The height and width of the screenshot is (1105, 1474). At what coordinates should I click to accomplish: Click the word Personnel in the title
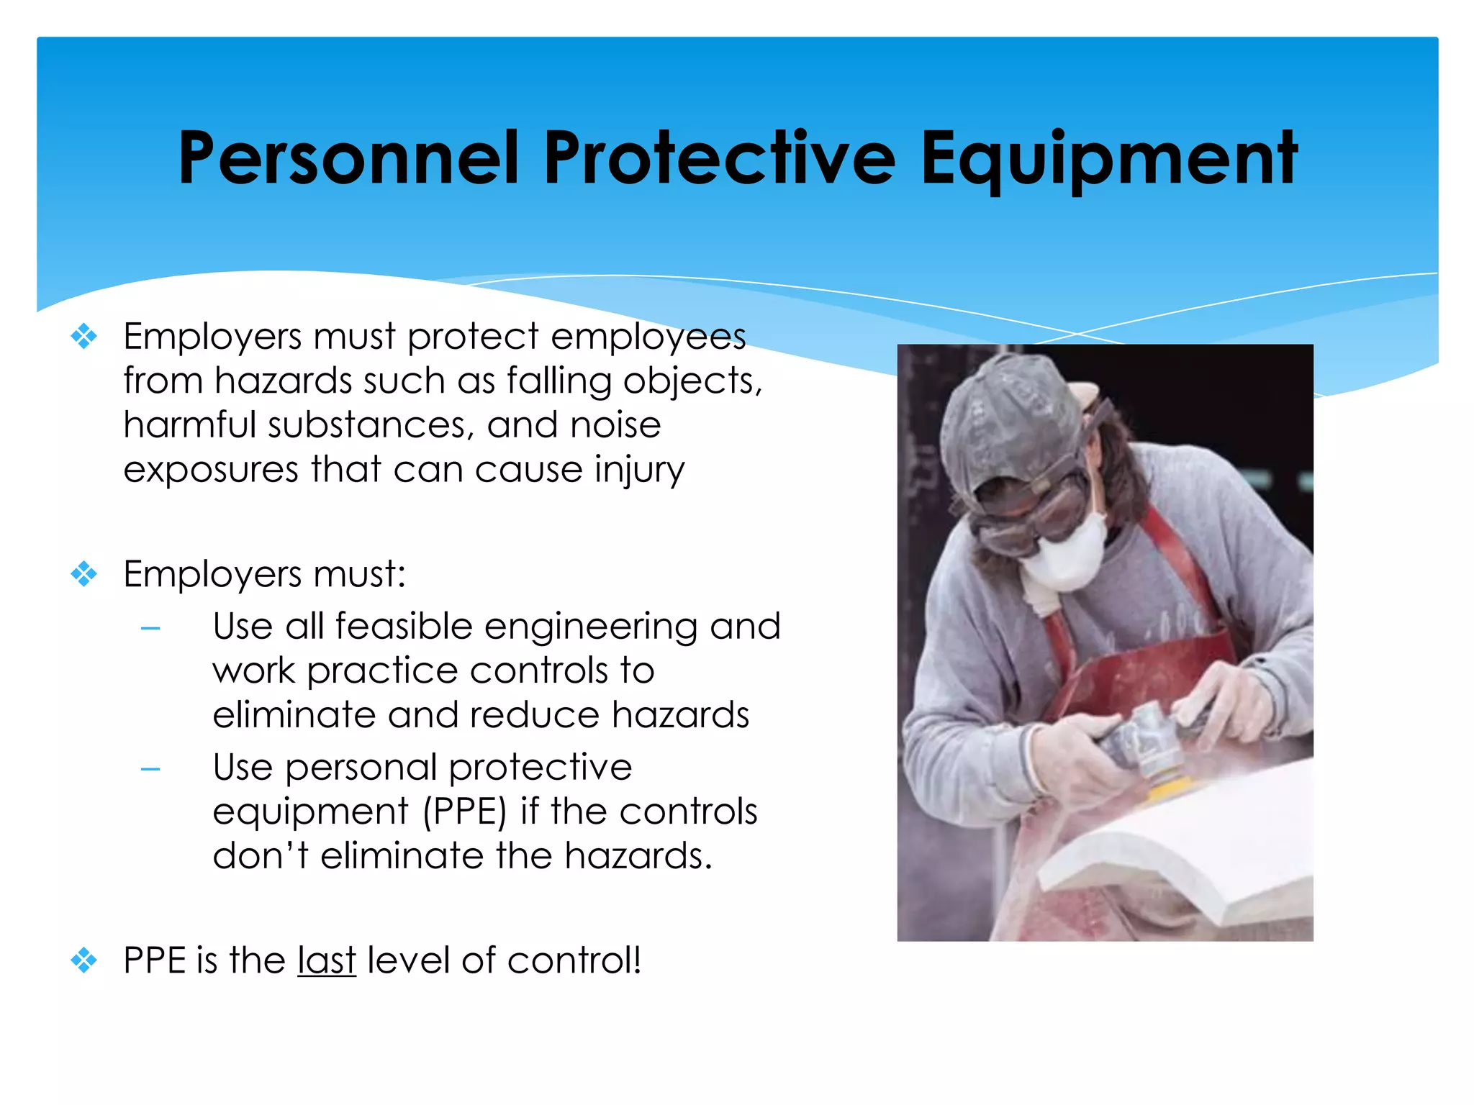pos(348,158)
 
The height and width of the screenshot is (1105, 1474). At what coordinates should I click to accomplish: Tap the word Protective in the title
pos(720,158)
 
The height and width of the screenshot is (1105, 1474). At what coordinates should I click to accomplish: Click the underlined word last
pos(327,961)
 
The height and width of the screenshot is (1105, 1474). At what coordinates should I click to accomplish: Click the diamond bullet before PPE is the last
pos(84,960)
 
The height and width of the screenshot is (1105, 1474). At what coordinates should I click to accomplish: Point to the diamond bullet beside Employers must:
pos(84,574)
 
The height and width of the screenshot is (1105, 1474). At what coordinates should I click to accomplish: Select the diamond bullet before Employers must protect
pos(84,336)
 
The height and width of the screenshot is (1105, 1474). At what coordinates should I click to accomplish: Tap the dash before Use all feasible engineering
pos(150,629)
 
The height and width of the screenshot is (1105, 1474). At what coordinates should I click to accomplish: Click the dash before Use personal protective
pos(150,770)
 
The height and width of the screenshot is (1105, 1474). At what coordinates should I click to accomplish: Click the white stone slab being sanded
pos(1188,849)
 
